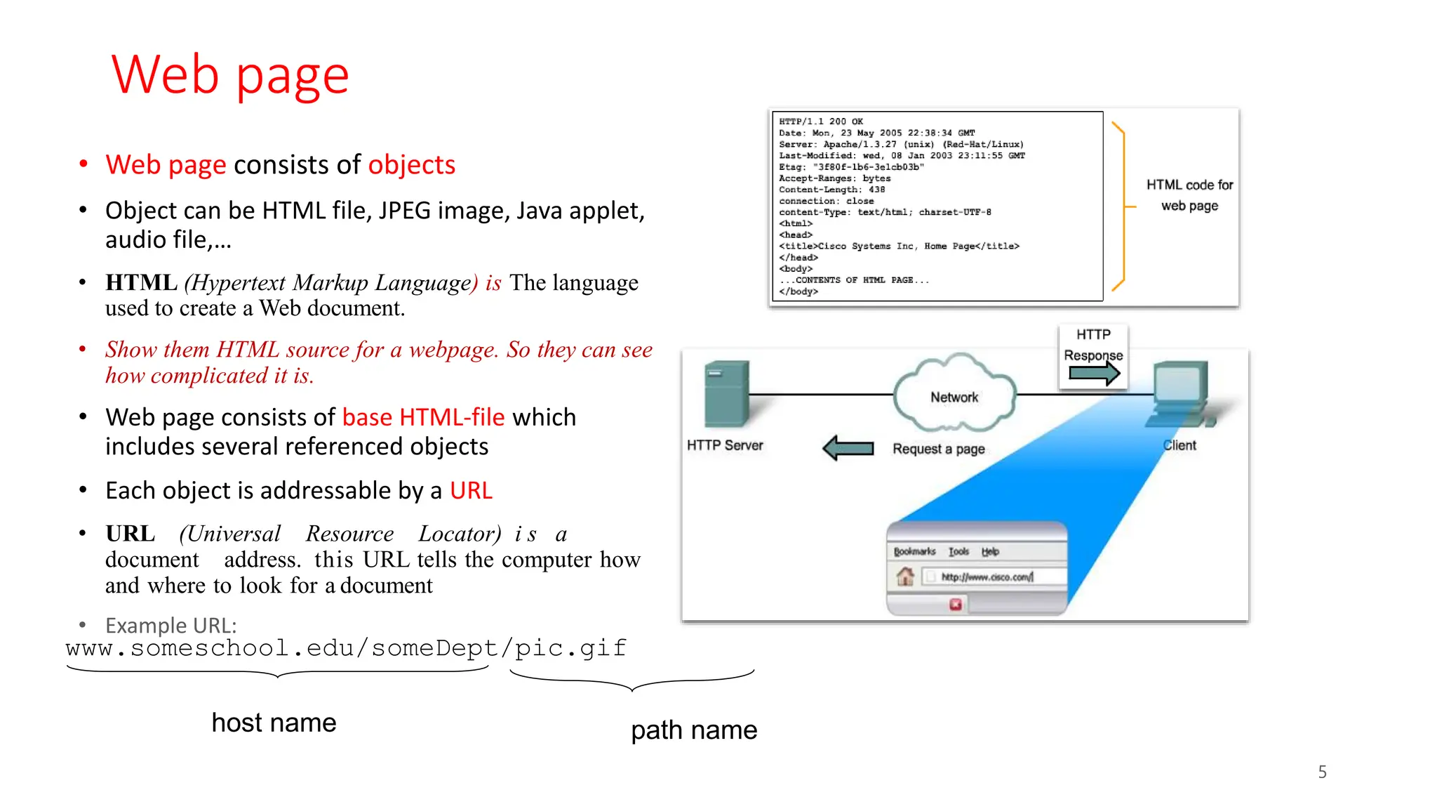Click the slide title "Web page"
(x=229, y=75)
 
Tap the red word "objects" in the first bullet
(x=411, y=165)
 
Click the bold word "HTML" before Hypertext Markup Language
(x=141, y=282)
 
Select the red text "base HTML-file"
(x=423, y=417)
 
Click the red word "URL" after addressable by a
(x=471, y=490)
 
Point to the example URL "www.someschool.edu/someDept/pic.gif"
(x=346, y=647)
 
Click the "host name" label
(x=274, y=723)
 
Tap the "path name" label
(x=693, y=730)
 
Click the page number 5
(x=1322, y=772)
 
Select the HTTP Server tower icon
(x=726, y=394)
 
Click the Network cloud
(x=954, y=395)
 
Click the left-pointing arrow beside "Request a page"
(x=848, y=448)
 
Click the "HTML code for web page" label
(x=1189, y=195)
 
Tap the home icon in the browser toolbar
(x=905, y=577)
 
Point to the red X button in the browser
(x=955, y=604)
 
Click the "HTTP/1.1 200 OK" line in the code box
(x=821, y=121)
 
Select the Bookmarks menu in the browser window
(x=914, y=552)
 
